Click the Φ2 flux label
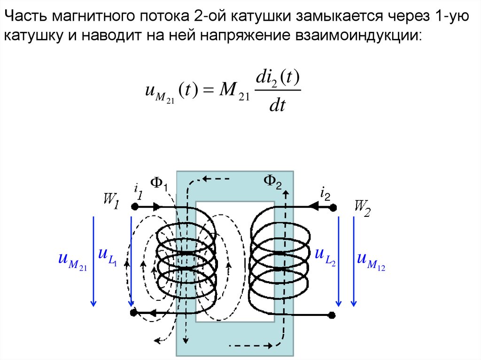pos(272,181)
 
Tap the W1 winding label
pos(112,203)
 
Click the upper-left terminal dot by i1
pos(134,207)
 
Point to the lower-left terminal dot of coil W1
pos(133,312)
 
